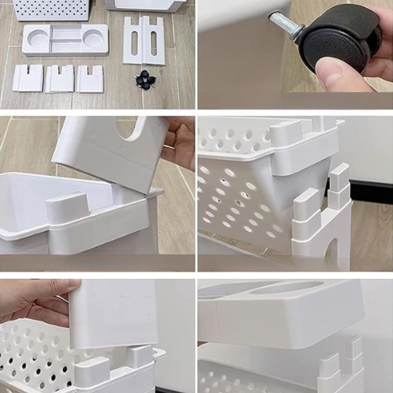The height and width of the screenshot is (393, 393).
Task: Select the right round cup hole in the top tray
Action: [x=94, y=38]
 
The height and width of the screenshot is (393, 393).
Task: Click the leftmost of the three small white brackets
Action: [x=28, y=78]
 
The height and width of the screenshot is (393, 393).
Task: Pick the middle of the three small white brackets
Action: [x=60, y=79]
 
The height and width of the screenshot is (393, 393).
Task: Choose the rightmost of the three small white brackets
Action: [x=90, y=79]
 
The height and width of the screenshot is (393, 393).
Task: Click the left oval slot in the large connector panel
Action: [x=134, y=43]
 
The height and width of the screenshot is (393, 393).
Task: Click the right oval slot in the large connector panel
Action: [x=154, y=43]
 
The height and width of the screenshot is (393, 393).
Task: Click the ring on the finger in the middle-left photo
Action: [x=169, y=147]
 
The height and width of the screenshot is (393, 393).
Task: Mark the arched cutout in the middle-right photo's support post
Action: [x=332, y=252]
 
